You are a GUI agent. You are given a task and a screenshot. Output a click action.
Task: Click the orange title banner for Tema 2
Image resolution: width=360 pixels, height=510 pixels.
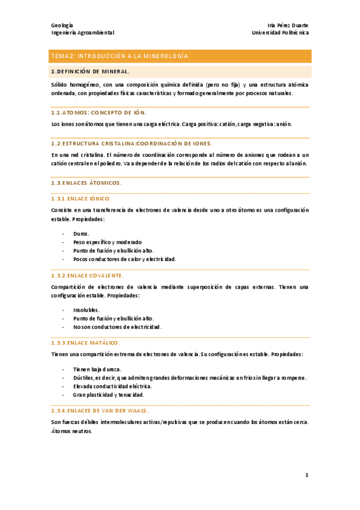tap(180, 57)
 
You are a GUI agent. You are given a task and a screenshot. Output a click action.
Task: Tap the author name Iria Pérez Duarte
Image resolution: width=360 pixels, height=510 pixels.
tap(287, 25)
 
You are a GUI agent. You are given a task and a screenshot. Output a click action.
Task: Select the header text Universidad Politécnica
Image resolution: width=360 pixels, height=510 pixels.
tap(280, 33)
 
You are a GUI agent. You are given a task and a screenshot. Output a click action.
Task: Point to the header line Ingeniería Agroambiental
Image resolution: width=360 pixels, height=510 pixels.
tap(82, 33)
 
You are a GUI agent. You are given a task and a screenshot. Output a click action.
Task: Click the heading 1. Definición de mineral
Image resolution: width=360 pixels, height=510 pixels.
tap(90, 72)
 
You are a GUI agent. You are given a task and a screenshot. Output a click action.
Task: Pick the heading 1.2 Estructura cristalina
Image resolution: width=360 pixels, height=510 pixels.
tap(132, 144)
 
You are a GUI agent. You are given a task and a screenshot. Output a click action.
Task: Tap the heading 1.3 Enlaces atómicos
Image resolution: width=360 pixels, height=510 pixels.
tap(87, 182)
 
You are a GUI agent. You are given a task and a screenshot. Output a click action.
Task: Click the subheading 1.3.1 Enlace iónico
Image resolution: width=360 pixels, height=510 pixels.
tap(81, 198)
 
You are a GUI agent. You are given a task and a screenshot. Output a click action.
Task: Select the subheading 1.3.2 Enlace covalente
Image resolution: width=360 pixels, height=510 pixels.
tap(87, 275)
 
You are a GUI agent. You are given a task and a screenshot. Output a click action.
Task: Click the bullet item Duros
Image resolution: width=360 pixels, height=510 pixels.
tap(81, 233)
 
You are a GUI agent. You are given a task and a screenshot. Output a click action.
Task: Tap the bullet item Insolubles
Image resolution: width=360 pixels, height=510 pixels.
tap(87, 310)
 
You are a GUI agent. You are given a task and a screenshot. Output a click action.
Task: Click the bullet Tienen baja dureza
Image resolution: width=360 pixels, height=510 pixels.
tap(97, 369)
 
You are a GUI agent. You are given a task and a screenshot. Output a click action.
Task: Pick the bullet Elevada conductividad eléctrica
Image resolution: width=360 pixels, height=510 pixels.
tap(112, 386)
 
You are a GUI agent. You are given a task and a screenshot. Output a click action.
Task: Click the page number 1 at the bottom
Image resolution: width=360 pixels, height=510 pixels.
tap(307, 475)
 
